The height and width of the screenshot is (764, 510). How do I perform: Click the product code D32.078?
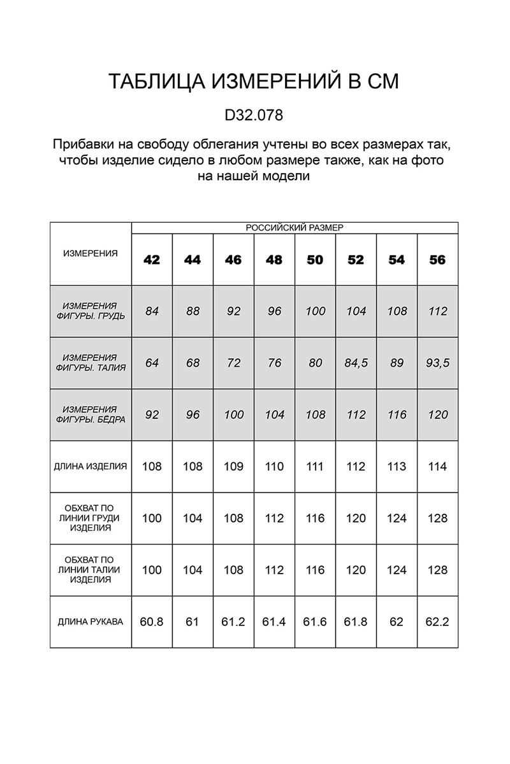click(x=254, y=117)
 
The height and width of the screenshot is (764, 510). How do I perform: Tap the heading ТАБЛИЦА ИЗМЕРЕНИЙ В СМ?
click(x=254, y=82)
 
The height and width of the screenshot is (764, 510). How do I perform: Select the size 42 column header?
click(x=152, y=260)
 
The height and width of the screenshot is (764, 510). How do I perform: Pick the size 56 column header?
click(x=437, y=260)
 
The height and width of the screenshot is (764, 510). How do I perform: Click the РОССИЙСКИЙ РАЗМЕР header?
click(x=295, y=227)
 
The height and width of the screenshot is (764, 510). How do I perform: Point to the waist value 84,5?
click(x=356, y=363)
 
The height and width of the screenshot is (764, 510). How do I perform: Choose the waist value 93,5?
click(x=437, y=363)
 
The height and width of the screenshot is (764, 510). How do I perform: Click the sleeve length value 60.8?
click(x=152, y=621)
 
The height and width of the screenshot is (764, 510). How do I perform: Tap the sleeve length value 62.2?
click(x=437, y=621)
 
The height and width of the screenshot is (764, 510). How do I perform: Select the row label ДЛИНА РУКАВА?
click(x=91, y=621)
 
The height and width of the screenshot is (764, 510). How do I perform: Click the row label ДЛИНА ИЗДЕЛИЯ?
click(x=91, y=466)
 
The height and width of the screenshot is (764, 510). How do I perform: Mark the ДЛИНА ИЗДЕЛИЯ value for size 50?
click(x=315, y=466)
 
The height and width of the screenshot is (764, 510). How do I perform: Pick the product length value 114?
click(x=437, y=466)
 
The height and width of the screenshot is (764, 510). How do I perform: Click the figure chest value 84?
click(x=152, y=311)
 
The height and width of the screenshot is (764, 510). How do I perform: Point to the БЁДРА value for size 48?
click(x=274, y=414)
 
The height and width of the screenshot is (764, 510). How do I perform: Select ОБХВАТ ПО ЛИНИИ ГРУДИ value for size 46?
click(x=233, y=518)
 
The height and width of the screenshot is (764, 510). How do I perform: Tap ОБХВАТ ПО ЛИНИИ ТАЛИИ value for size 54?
click(x=397, y=570)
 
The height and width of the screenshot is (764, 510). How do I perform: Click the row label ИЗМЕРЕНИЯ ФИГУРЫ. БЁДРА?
click(x=91, y=414)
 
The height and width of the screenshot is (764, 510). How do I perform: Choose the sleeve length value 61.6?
click(x=315, y=621)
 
